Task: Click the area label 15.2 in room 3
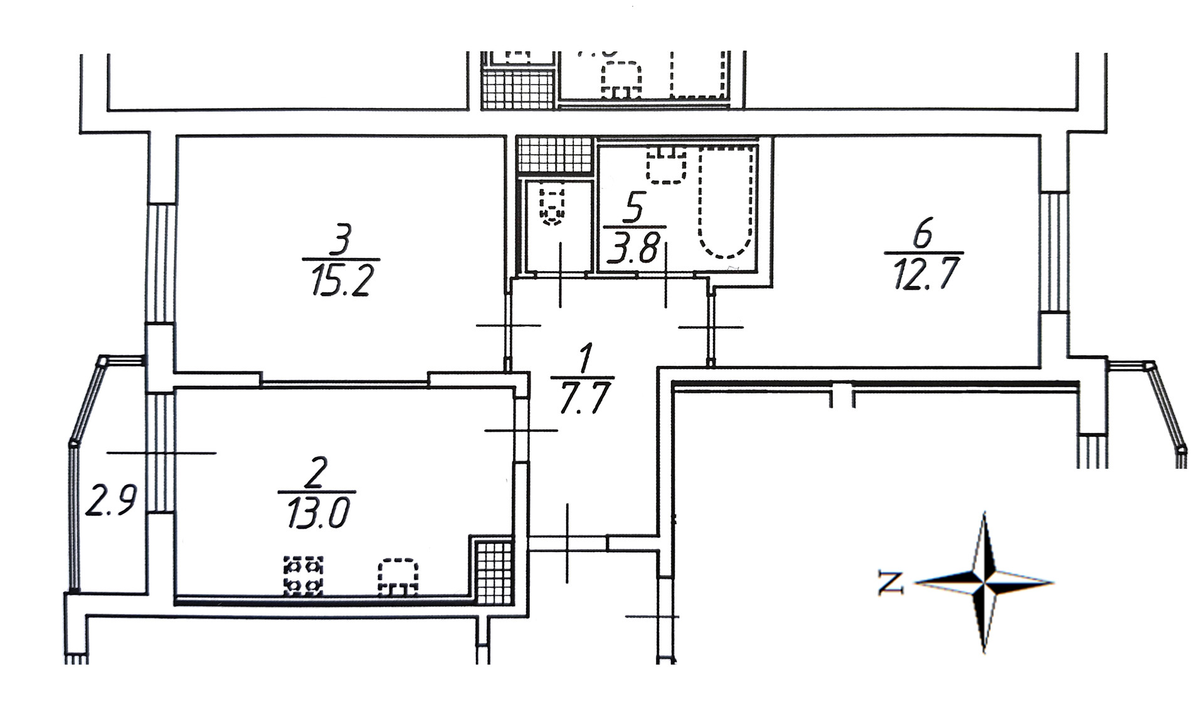point(341,279)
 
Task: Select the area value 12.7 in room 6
point(924,273)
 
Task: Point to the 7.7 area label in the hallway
point(583,398)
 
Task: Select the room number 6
point(923,233)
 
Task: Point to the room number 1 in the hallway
point(585,358)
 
